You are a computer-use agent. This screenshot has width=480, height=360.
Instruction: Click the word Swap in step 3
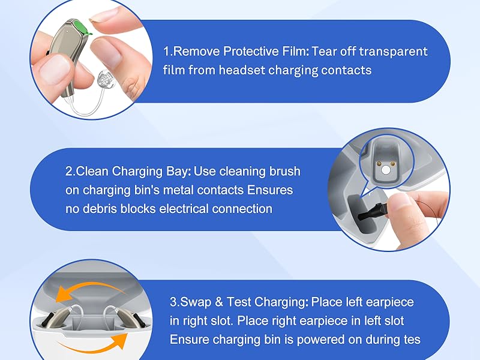[196, 302]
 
